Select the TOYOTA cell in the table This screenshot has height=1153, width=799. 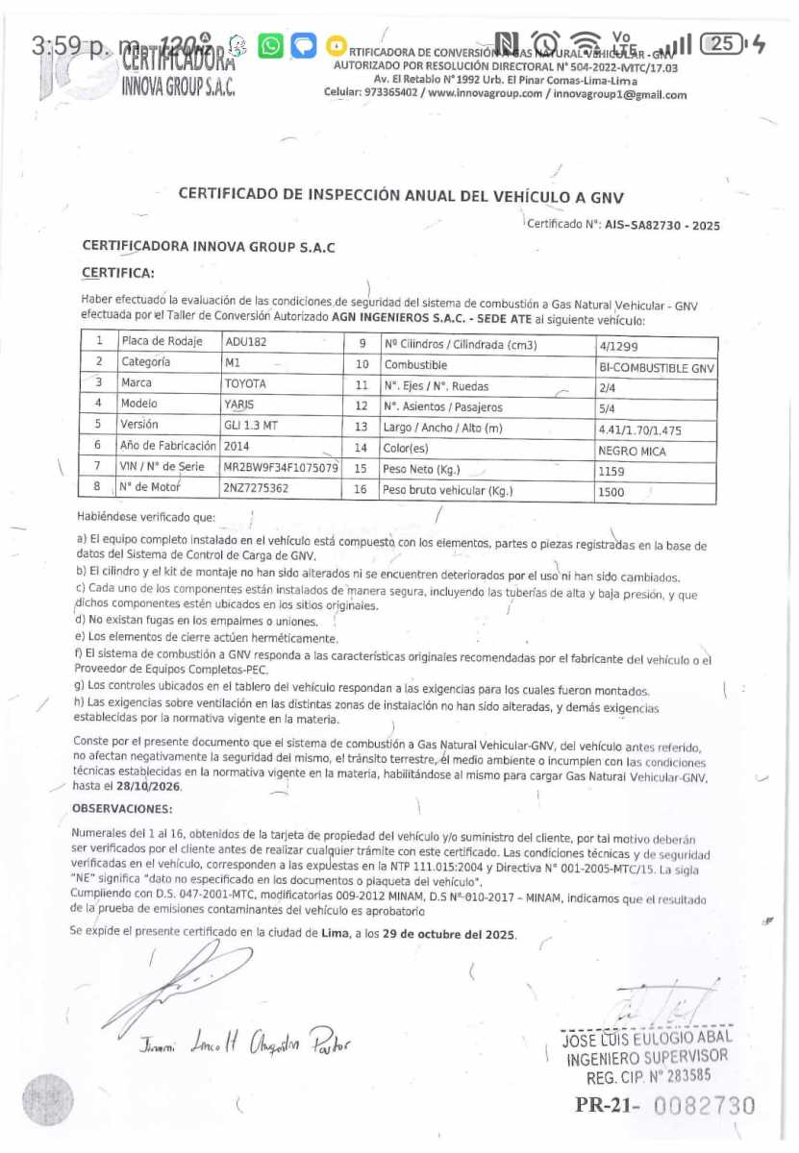[x=245, y=383]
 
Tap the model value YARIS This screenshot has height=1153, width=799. [x=239, y=405]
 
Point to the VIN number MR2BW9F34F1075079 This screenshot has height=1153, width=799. [x=280, y=468]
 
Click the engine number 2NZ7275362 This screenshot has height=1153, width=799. [x=256, y=488]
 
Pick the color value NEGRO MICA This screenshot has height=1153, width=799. [x=632, y=451]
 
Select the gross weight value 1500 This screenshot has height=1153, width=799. [x=612, y=492]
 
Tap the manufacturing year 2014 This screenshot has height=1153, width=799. [x=237, y=446]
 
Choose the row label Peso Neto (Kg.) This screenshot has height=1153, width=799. [x=421, y=470]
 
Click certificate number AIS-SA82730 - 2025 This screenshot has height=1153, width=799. [x=662, y=226]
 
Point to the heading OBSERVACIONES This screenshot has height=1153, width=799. [x=122, y=809]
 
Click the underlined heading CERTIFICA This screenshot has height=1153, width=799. [x=118, y=273]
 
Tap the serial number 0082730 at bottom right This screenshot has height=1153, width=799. [x=705, y=1106]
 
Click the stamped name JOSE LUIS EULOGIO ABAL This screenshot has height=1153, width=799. [x=646, y=1039]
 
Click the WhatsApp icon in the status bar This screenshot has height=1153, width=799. [x=272, y=45]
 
